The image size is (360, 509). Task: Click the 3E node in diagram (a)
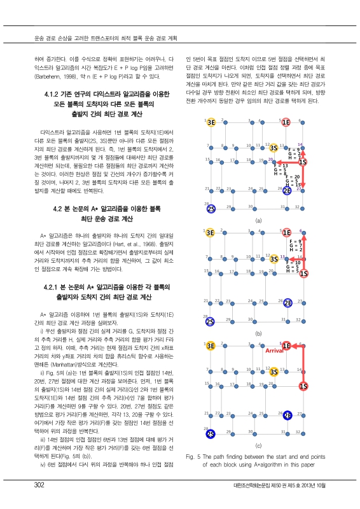[211, 123]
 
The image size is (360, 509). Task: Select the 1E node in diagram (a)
[286, 122]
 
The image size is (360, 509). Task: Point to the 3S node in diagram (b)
[273, 258]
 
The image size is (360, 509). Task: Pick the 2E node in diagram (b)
[287, 303]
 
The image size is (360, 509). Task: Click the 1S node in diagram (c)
[303, 386]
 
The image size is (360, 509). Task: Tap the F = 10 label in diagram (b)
[293, 263]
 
